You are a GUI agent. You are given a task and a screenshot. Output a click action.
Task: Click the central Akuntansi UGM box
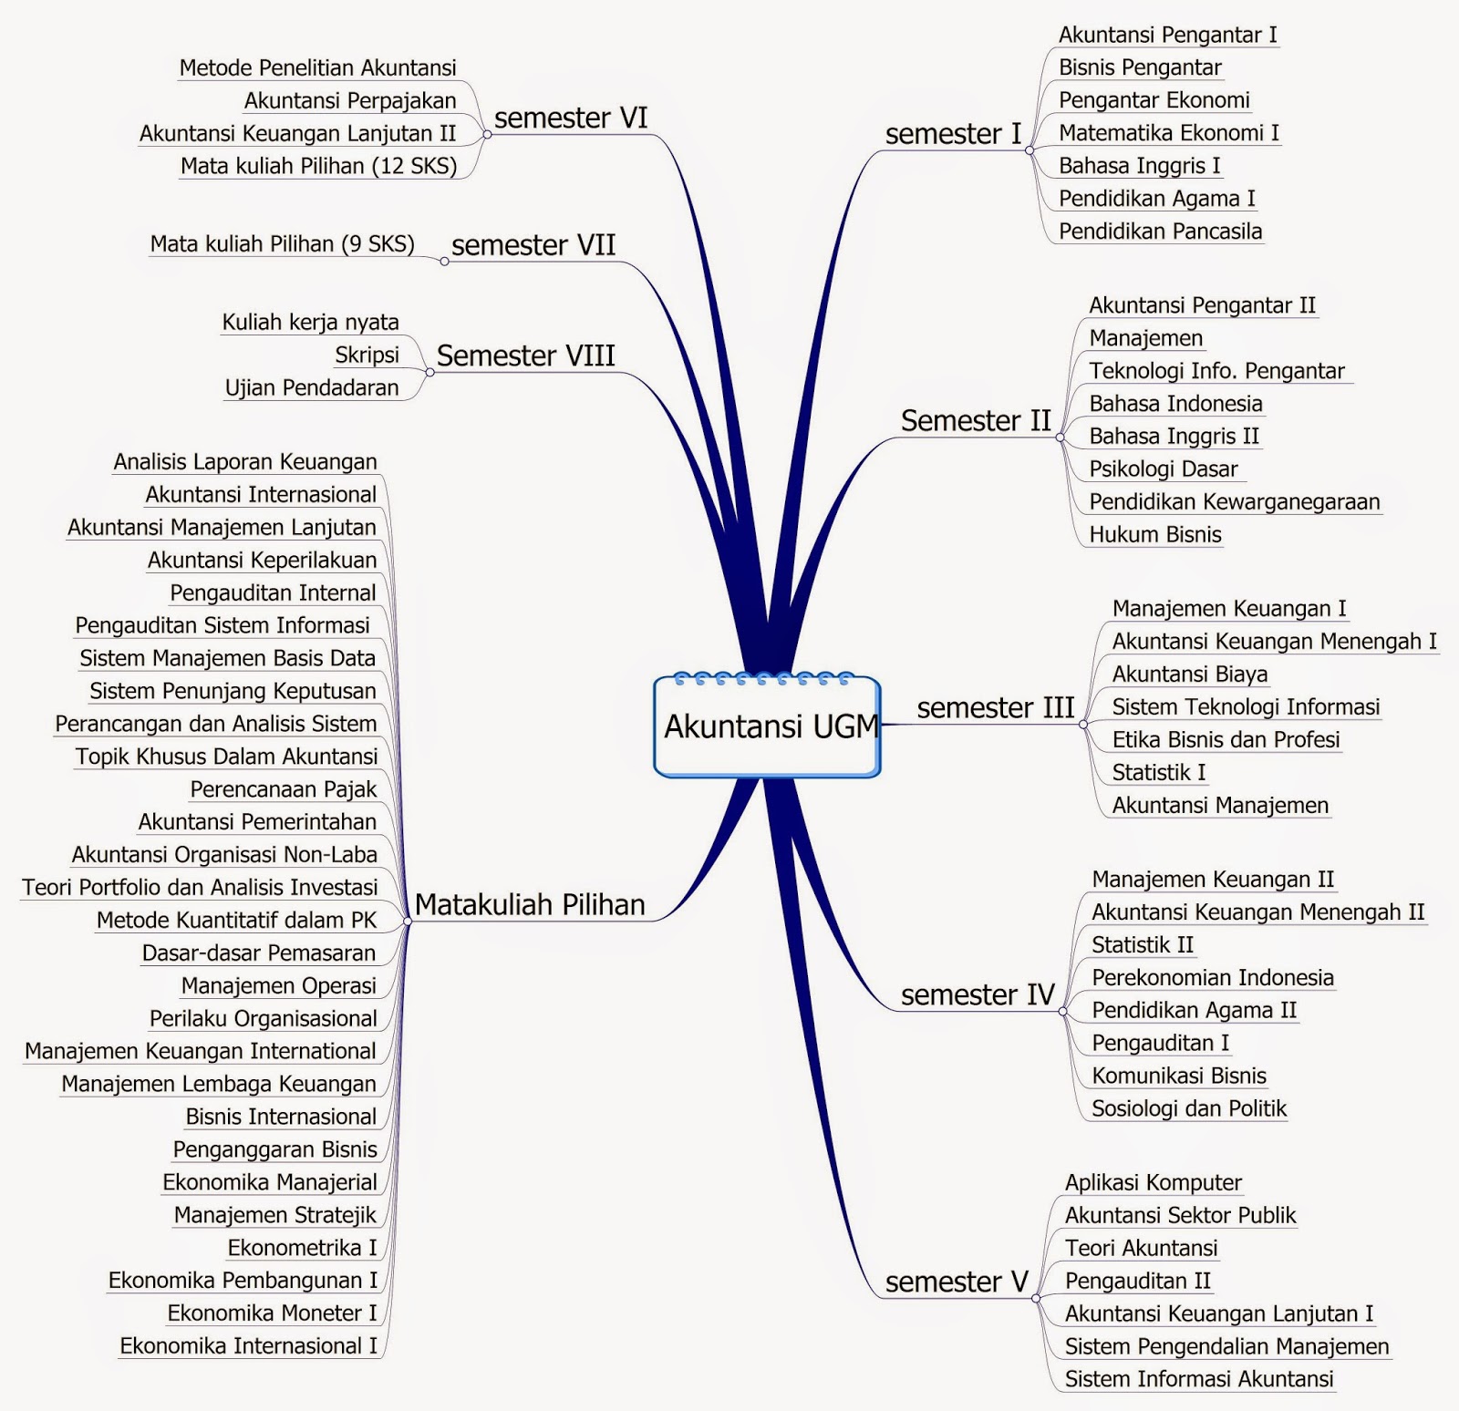768,726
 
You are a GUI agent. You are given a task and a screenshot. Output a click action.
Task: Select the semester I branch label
953,134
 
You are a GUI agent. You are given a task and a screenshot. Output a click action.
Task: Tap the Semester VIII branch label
525,355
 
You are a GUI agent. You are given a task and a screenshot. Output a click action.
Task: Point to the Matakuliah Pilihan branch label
530,904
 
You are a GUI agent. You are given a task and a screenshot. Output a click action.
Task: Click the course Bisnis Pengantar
1140,67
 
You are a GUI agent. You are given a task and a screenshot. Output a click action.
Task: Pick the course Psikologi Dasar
1164,469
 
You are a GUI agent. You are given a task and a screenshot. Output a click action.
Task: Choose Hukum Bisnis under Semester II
1155,535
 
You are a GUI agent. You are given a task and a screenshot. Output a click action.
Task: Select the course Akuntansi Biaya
1190,675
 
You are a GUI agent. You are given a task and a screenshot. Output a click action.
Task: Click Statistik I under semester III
1159,773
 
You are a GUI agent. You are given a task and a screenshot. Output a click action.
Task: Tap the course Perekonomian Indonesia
1213,978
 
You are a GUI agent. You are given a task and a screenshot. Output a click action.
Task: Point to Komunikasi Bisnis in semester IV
1179,1076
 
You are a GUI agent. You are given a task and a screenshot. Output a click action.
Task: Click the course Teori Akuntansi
1141,1248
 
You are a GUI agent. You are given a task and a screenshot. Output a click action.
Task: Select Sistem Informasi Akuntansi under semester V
1199,1379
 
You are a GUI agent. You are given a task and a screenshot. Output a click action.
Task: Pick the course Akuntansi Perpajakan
350,101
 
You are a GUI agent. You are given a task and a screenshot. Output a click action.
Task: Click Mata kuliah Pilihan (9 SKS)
283,244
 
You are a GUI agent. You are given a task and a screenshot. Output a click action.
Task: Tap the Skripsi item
367,355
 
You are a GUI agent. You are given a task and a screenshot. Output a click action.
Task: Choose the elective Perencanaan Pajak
283,789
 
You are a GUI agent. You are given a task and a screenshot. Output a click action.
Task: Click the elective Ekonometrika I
302,1248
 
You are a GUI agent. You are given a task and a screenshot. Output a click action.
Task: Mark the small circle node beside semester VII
444,262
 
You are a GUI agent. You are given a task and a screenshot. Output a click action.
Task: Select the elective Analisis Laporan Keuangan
245,462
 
